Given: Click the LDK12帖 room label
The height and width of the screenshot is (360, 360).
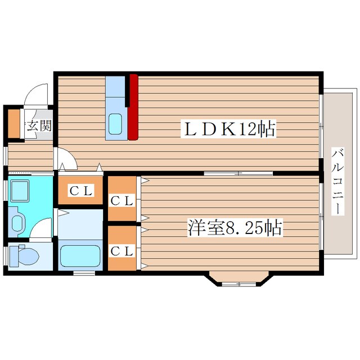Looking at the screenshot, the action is click(228, 129).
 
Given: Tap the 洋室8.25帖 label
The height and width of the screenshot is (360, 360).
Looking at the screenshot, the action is click(235, 228).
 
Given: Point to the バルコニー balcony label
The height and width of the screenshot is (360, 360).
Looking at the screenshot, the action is click(337, 181).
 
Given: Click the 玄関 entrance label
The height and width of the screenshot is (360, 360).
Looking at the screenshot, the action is click(39, 125).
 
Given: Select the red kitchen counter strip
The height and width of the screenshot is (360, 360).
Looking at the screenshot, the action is click(133, 107).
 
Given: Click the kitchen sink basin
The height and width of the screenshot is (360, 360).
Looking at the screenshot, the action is click(115, 124).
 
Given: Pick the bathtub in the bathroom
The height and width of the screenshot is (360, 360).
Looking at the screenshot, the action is click(80, 256).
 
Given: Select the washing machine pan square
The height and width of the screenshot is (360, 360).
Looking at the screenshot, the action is click(20, 191).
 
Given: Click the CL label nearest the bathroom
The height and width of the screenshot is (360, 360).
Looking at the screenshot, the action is click(81, 191).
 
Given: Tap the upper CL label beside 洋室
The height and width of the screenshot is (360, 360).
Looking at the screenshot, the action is click(122, 201).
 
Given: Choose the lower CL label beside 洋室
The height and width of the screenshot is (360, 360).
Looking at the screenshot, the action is click(122, 251).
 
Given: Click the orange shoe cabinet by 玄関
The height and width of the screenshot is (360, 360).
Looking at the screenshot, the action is click(14, 124).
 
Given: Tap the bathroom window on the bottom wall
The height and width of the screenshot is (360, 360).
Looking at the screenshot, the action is click(84, 273).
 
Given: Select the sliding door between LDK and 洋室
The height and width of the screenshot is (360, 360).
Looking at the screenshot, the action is click(238, 173).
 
